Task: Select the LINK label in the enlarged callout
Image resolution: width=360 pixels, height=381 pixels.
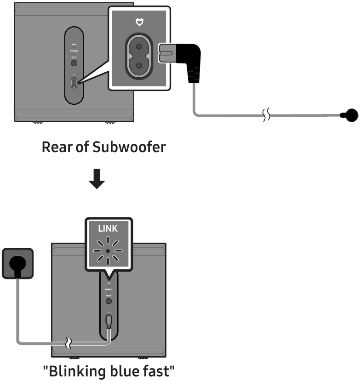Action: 108,228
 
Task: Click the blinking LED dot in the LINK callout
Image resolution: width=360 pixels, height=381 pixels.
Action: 108,251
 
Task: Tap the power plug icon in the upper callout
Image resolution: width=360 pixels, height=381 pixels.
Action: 139,21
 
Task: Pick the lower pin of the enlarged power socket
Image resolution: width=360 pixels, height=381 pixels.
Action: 138,66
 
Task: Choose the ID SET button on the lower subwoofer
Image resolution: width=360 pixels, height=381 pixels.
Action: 109,301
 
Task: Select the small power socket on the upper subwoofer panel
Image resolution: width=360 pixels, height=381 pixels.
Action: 74,83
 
